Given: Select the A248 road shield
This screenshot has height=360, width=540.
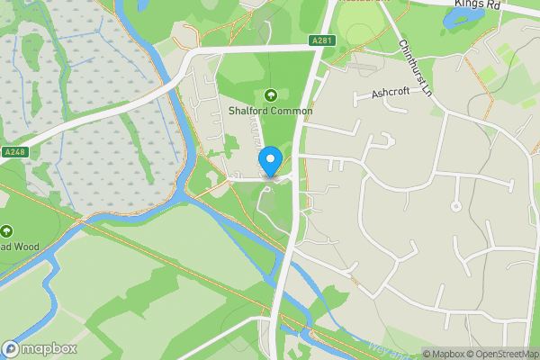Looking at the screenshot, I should (x=15, y=151).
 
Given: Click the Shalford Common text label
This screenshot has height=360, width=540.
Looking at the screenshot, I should (x=270, y=111).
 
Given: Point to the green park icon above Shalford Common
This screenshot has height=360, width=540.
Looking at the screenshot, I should (x=271, y=95).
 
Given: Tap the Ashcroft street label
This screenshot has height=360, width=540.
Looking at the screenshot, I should (x=391, y=93).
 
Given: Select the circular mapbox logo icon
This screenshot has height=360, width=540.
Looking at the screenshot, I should (x=12, y=348).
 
